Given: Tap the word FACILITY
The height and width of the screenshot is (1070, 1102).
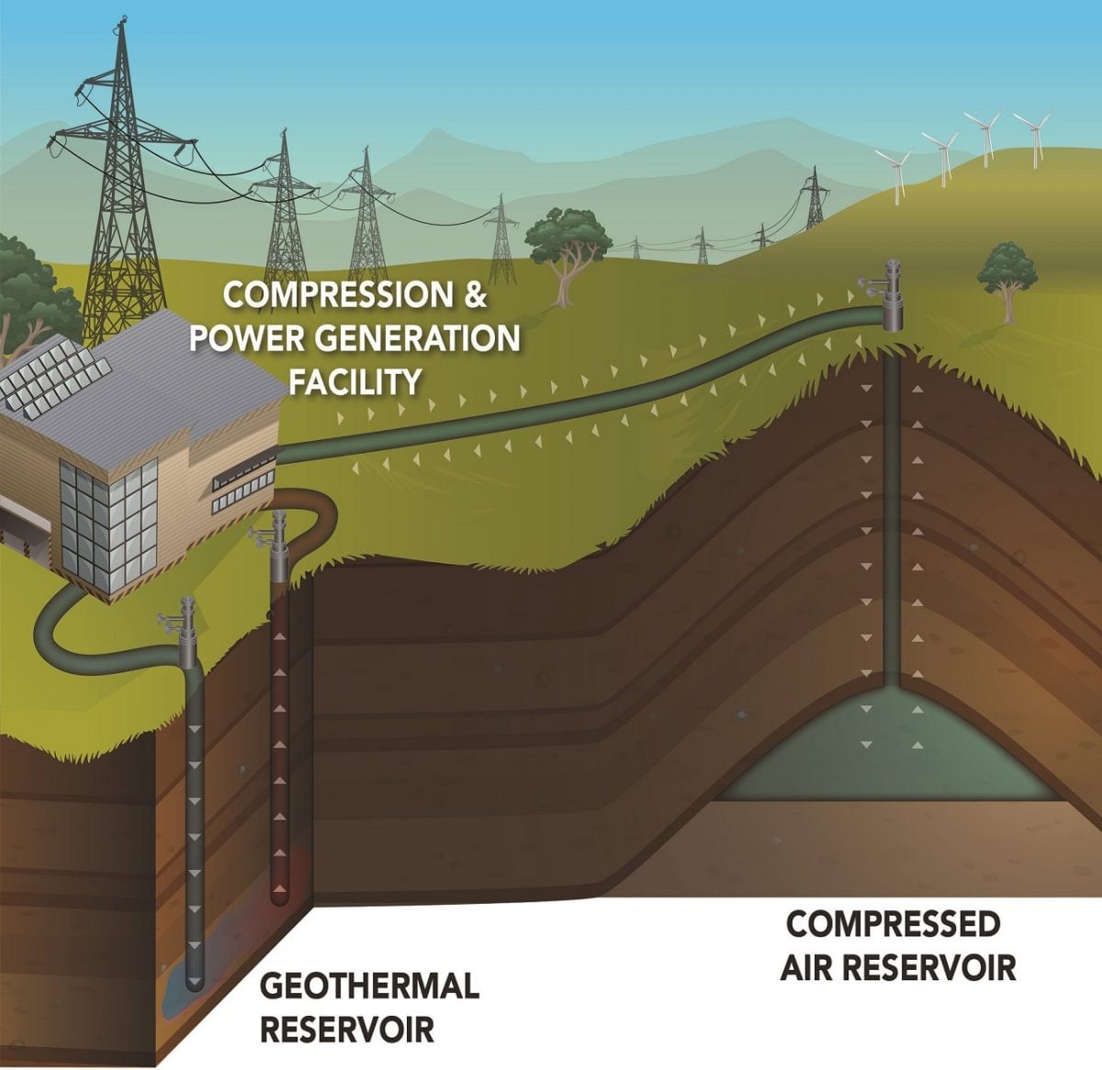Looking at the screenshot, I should pyautogui.click(x=356, y=380).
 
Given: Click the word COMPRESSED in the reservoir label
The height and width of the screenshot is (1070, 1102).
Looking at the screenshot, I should pyautogui.click(x=893, y=924).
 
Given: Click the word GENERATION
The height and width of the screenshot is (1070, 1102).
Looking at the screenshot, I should pyautogui.click(x=417, y=338).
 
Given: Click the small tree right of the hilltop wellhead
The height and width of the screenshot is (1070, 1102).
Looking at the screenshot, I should pyautogui.click(x=1006, y=276).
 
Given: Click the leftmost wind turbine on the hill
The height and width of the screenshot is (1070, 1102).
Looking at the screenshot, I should pyautogui.click(x=895, y=170).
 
